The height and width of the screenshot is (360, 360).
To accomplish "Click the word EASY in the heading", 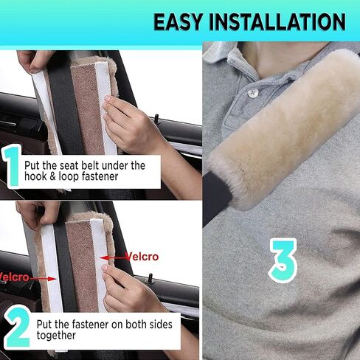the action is coord(178,22).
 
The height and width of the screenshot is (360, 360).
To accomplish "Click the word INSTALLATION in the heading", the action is coord(277,22).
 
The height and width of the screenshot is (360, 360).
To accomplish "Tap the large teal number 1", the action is coord(12,166).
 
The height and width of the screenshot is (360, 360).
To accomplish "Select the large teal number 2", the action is coord(17,328).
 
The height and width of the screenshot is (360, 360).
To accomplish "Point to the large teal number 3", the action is coord(283,261).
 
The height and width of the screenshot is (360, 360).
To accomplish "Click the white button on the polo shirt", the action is coord(253,92).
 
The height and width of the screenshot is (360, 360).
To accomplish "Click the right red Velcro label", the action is coord(142,257).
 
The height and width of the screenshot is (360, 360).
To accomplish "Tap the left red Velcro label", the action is coord(14,277).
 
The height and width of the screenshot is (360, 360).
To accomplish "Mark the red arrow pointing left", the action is coord(114,258).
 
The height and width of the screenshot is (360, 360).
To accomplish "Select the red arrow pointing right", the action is coord(44,279).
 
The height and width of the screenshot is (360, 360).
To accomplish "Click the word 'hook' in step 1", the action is coord(35,176).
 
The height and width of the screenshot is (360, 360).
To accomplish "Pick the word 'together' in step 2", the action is coord(56,336).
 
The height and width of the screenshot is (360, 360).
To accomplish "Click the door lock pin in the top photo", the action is coord(156,119).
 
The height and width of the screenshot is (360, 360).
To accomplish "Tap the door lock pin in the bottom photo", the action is coord(150,279).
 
